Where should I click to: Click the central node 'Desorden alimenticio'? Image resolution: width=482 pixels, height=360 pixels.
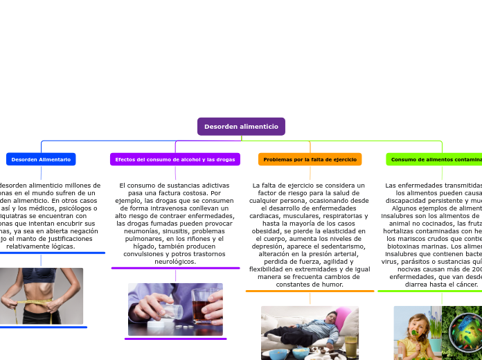[x=241, y=127]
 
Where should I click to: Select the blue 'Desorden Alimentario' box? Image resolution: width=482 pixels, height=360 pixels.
[x=41, y=159]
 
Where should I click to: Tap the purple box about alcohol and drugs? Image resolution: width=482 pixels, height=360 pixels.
[x=175, y=159]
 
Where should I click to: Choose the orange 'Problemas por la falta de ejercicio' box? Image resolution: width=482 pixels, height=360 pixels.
[x=310, y=159]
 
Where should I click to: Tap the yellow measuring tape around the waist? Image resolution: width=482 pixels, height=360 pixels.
[x=28, y=300]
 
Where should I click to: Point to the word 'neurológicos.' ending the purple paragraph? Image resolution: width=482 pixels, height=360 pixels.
[x=175, y=262]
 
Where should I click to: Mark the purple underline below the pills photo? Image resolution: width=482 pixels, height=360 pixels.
[x=175, y=339]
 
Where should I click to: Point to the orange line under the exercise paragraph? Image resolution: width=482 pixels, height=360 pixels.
[x=310, y=291]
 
